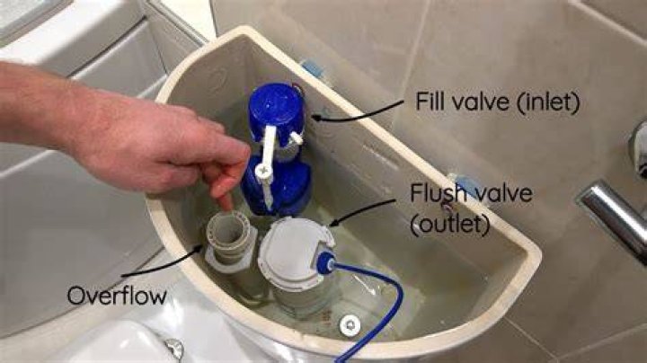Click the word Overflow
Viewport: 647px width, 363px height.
[117, 296]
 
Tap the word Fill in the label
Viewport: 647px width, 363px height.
[430, 101]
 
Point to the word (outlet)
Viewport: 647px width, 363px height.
[450, 225]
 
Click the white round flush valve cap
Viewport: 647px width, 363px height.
[293, 251]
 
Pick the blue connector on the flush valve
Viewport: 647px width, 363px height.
[325, 262]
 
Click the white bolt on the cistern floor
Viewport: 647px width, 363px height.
[350, 325]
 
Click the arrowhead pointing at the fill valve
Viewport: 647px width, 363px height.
[315, 118]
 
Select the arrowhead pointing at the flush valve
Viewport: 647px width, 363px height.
[332, 224]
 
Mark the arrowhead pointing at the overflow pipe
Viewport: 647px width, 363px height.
[199, 248]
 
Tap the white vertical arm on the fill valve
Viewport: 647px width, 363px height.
[268, 165]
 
